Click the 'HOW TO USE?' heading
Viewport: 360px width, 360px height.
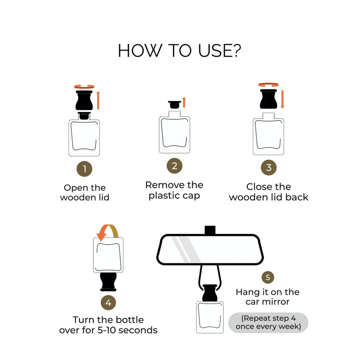click(x=179, y=51)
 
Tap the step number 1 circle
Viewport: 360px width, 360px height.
click(x=84, y=169)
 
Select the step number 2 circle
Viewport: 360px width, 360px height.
click(x=175, y=166)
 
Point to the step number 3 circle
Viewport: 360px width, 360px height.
click(x=269, y=167)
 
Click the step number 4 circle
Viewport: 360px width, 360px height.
click(x=108, y=303)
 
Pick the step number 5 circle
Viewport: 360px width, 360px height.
click(x=268, y=277)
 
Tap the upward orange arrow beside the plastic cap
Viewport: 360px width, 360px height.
click(x=184, y=103)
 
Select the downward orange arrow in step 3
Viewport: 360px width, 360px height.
click(x=283, y=99)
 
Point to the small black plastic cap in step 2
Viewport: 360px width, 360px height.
click(x=175, y=104)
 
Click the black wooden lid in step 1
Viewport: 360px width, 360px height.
click(x=84, y=100)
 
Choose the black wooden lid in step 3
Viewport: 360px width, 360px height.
click(x=268, y=99)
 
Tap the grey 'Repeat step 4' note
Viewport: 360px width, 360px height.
click(x=268, y=322)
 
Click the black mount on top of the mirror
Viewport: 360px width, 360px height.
click(x=210, y=230)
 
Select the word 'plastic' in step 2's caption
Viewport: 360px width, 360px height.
click(x=164, y=196)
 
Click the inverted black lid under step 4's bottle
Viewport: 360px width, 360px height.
click(x=108, y=282)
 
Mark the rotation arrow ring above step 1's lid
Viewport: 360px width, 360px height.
click(x=84, y=86)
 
